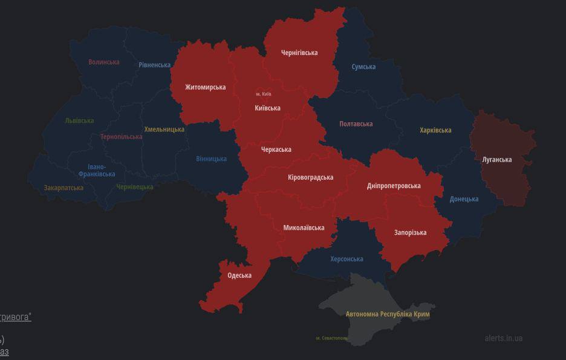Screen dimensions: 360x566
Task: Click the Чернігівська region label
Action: pos(299,53)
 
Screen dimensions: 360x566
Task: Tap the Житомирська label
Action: pos(205,87)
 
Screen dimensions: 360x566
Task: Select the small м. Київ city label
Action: pos(264,94)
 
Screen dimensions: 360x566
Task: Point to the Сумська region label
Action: pos(363,67)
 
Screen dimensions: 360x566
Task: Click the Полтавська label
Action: pos(356,124)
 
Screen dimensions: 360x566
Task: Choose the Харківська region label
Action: pos(435,130)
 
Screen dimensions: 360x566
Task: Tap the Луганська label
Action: pos(496,160)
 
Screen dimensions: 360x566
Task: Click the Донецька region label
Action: pos(464,199)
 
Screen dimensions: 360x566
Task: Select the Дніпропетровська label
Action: pos(394,186)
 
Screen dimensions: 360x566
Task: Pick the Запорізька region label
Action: pos(410,232)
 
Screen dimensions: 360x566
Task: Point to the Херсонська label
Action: pos(346,259)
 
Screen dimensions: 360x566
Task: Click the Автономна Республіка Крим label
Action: pos(387,314)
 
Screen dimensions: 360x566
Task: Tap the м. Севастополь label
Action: pos(331,338)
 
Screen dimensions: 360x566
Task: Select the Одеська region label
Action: pos(239,275)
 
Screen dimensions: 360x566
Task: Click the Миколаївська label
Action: pos(304,227)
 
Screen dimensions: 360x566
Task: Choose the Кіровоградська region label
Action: pos(310,177)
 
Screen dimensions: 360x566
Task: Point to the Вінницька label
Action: pos(211,159)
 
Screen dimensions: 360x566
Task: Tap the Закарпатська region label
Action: pos(63,188)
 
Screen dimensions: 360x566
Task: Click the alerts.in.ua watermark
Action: pos(503,338)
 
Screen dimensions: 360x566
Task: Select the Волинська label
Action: pos(104,62)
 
